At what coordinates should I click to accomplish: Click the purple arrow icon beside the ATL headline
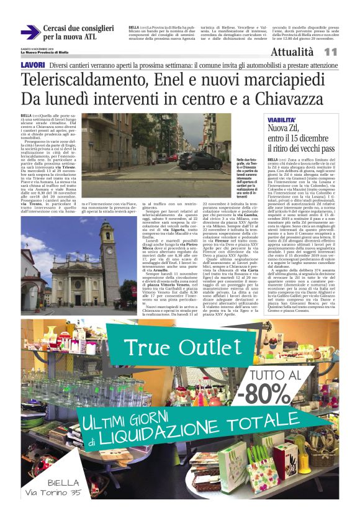click(30, 32)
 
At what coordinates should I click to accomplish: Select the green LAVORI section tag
click(32, 65)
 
